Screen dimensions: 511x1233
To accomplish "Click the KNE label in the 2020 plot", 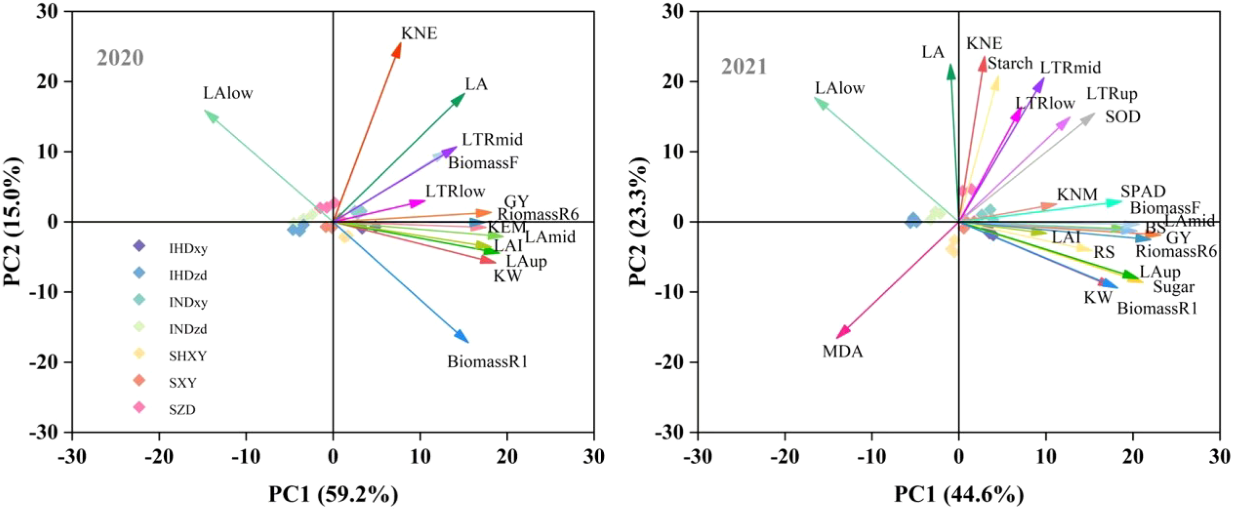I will pyautogui.click(x=419, y=34).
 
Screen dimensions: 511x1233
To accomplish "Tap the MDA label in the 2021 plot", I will pyautogui.click(x=842, y=352).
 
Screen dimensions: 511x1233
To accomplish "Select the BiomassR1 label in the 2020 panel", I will pyautogui.click(x=487, y=362).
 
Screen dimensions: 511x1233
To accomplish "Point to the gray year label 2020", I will pyautogui.click(x=120, y=58).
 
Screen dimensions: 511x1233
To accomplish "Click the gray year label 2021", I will pyautogui.click(x=744, y=67).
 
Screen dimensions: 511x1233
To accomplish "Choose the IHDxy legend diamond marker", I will pyautogui.click(x=140, y=246).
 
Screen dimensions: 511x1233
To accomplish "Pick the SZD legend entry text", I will pyautogui.click(x=182, y=410).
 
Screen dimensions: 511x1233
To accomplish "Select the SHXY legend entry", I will pyautogui.click(x=187, y=356).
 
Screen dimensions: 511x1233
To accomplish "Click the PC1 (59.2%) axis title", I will pyautogui.click(x=333, y=494).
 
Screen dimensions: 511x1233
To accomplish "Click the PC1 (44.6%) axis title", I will pyautogui.click(x=959, y=494).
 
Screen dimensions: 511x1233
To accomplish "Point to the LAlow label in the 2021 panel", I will pyautogui.click(x=839, y=88).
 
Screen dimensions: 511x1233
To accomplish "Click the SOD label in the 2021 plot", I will pyautogui.click(x=1123, y=117).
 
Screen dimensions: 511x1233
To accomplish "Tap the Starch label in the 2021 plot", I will pyautogui.click(x=1010, y=64).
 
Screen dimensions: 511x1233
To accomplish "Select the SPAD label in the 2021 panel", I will pyautogui.click(x=1143, y=192).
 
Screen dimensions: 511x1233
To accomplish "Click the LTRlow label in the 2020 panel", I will pyautogui.click(x=455, y=191).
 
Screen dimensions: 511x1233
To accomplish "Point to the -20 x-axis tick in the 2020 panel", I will pyautogui.click(x=159, y=457).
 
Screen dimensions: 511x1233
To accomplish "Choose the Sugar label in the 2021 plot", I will pyautogui.click(x=1173, y=287).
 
